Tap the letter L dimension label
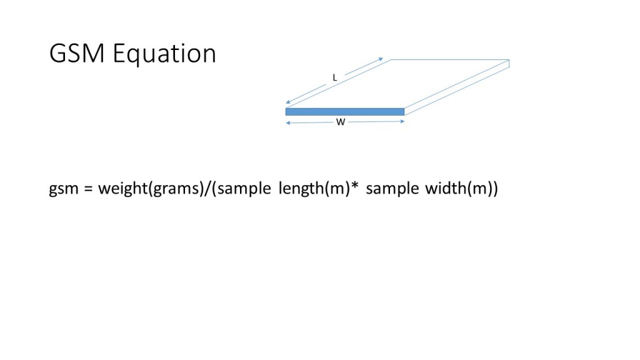pyautogui.click(x=335, y=78)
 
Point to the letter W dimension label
pyautogui.click(x=341, y=122)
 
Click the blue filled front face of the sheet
pyautogui.click(x=344, y=112)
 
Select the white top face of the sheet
pyautogui.click(x=400, y=84)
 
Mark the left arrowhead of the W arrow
pyautogui.click(x=287, y=122)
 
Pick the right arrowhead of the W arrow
pyautogui.click(x=403, y=122)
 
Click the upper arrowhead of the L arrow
pyautogui.click(x=381, y=59)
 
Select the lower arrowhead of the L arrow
pyautogui.click(x=287, y=102)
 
